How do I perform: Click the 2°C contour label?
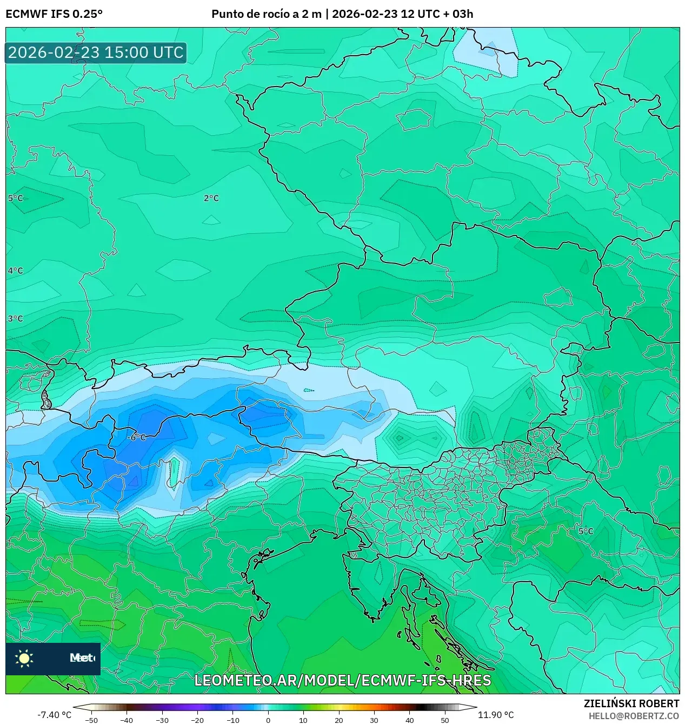(211, 199)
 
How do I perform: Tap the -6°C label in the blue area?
(137, 437)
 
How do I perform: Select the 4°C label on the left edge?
(15, 271)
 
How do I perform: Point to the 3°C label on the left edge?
(15, 319)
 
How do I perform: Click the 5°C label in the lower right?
(586, 531)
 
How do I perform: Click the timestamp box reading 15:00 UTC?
(96, 52)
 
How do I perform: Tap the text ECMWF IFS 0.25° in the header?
(54, 14)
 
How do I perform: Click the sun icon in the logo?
(24, 658)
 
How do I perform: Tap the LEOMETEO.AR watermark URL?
(342, 680)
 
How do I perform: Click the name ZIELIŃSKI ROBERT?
(631, 704)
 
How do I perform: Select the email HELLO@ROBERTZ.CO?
(634, 716)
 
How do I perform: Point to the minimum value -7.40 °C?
(54, 715)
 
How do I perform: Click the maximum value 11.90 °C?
(496, 715)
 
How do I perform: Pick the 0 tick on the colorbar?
(268, 720)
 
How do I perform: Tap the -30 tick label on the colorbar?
(162, 720)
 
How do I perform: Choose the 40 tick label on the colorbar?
(409, 720)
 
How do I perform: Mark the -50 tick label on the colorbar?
(91, 720)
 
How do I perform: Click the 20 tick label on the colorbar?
(339, 720)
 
